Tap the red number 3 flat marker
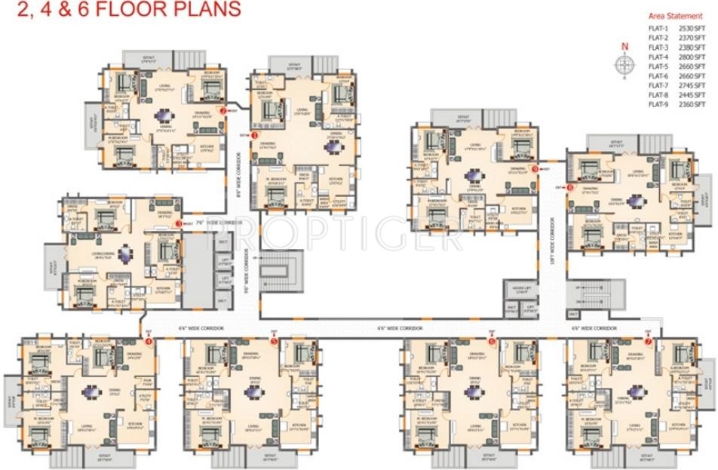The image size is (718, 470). [x=179, y=223]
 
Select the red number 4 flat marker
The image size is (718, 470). [x=148, y=341]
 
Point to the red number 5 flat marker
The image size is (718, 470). [x=274, y=341]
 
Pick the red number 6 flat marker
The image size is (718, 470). [x=491, y=341]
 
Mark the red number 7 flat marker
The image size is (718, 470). [x=647, y=341]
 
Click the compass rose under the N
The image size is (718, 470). [x=624, y=68]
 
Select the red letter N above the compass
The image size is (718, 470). [x=624, y=48]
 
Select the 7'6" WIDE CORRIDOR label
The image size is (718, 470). [x=212, y=223]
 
